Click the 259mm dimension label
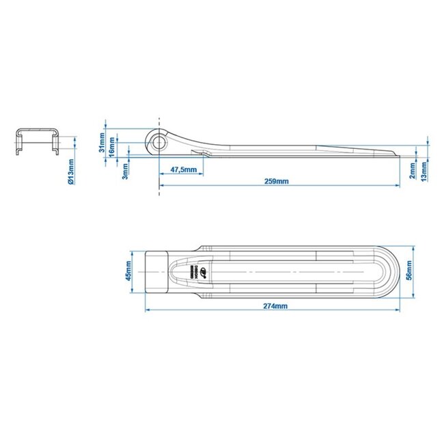[x=277, y=181]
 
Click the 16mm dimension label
[x=112, y=148]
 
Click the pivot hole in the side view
[x=159, y=141]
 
